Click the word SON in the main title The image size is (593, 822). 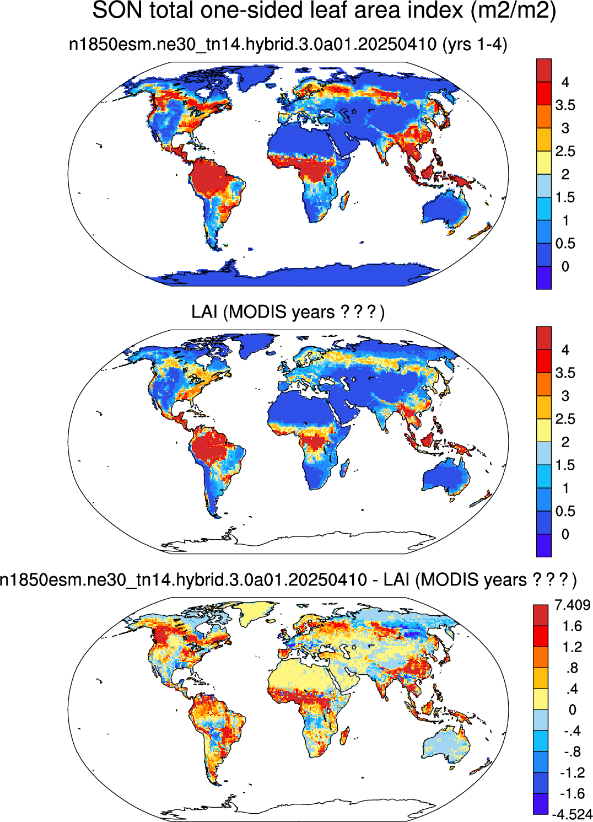[117, 10]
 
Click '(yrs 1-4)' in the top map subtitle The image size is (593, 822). [475, 45]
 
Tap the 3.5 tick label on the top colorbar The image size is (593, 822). [565, 105]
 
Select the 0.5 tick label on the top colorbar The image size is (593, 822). [565, 243]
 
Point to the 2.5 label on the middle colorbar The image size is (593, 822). [565, 418]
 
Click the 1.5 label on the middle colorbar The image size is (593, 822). [565, 465]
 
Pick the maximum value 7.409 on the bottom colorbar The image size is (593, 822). [573, 604]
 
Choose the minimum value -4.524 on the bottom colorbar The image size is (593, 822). [572, 814]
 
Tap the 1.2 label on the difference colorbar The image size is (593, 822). [573, 647]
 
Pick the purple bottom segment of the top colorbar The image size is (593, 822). [544, 278]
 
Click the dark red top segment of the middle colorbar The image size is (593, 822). [544, 338]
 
